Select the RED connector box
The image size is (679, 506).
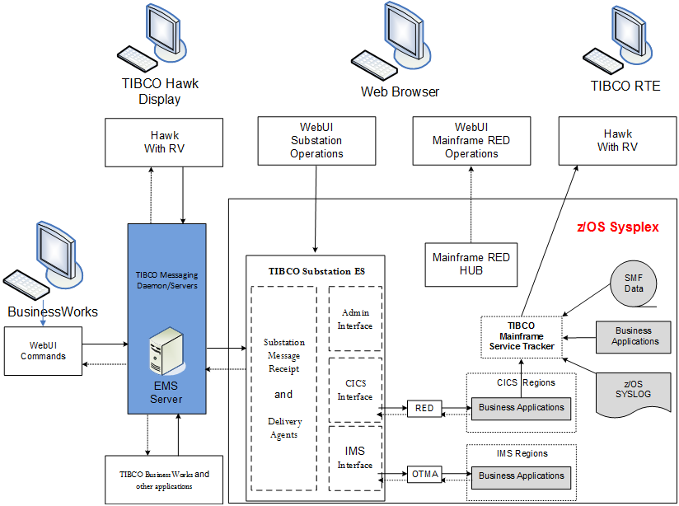click(424, 408)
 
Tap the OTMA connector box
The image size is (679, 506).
click(425, 474)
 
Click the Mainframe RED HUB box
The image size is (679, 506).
click(471, 265)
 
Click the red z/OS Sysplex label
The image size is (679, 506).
click(617, 227)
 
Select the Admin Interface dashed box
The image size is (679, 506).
click(355, 319)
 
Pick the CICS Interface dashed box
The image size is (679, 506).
click(355, 389)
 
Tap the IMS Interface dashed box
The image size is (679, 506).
click(355, 458)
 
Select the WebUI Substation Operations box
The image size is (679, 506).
click(316, 141)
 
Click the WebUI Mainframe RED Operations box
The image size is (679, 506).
click(471, 140)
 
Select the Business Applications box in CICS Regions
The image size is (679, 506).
click(522, 407)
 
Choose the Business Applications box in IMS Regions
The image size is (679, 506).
click(522, 476)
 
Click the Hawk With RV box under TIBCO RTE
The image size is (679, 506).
click(618, 141)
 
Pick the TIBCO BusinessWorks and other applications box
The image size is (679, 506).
click(164, 480)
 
